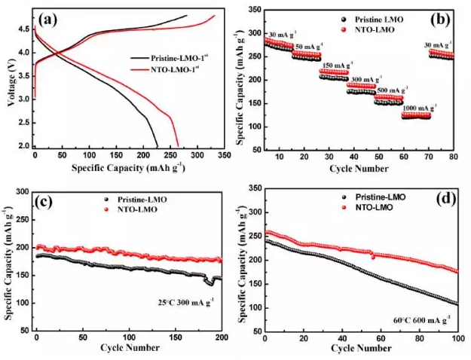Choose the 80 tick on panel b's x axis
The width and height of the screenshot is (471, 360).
454,155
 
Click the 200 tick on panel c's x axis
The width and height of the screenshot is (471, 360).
221,337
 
